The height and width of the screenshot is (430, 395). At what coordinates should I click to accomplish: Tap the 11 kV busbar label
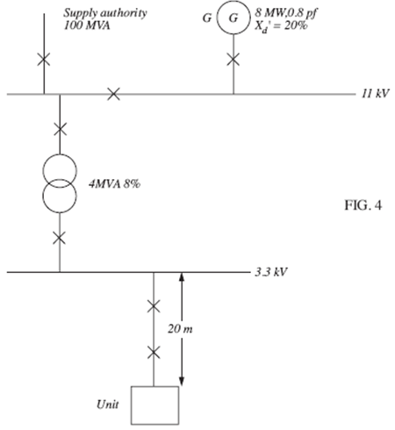[376, 94]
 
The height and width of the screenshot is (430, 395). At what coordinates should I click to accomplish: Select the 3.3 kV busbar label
[271, 272]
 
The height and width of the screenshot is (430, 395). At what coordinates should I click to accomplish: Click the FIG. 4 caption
[363, 205]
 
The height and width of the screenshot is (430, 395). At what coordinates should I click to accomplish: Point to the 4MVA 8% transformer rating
[114, 184]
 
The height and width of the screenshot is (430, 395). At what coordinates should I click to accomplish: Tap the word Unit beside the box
[108, 405]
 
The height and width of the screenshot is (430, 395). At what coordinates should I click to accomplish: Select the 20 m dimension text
[180, 329]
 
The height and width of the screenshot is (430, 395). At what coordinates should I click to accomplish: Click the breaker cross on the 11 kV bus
[113, 94]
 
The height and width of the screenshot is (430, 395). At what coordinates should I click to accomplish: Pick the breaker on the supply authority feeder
[44, 60]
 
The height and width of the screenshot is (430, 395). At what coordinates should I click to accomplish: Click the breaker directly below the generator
[233, 60]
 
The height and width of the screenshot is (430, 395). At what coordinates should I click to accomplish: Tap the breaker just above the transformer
[60, 129]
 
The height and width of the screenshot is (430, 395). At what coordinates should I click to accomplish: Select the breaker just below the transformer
[60, 238]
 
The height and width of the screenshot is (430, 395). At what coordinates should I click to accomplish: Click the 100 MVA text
[87, 25]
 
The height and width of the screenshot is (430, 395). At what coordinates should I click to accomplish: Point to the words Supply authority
[105, 13]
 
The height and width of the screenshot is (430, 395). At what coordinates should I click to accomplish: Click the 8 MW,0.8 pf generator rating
[286, 12]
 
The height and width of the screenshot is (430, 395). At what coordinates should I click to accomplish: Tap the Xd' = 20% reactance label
[281, 26]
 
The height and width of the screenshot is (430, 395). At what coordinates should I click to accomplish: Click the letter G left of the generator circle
[207, 18]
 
